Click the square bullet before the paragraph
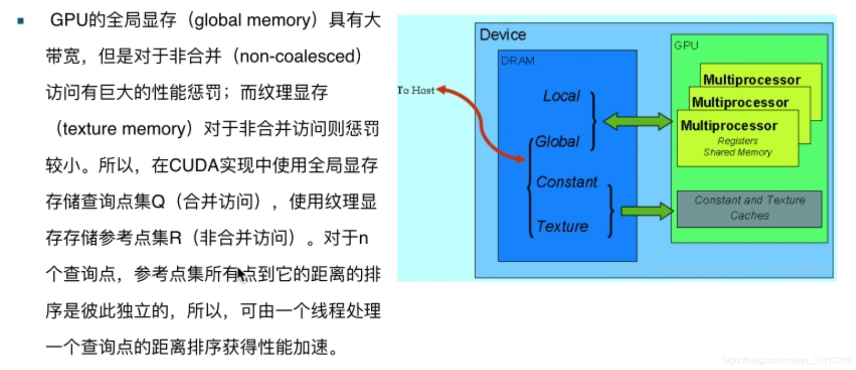click(x=21, y=21)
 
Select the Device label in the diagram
click(x=503, y=35)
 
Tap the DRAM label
click(x=517, y=61)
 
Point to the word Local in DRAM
click(x=561, y=96)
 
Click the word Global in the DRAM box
click(x=557, y=141)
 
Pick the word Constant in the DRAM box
click(x=566, y=182)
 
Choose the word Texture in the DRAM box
click(x=562, y=226)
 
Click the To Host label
click(x=416, y=90)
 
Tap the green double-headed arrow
click(x=638, y=121)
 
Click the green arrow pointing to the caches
click(x=647, y=212)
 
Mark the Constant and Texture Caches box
click(x=749, y=208)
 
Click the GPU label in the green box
click(x=686, y=45)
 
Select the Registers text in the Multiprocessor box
click(x=737, y=141)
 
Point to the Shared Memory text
click(x=737, y=153)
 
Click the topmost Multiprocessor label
click(x=752, y=80)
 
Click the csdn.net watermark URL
click(x=786, y=360)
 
